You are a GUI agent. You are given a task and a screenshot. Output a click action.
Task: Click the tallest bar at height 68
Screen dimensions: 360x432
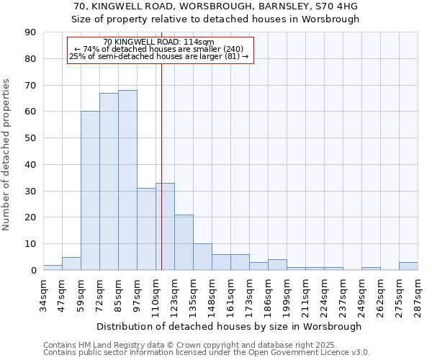tap(127, 180)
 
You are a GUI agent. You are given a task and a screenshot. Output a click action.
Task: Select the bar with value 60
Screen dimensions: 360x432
tap(90, 191)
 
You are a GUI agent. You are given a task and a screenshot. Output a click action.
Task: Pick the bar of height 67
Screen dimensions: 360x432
tap(109, 181)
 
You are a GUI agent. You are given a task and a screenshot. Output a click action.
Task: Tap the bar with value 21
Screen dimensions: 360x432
tap(184, 242)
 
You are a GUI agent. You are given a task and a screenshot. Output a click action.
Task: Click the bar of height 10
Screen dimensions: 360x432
tap(202, 257)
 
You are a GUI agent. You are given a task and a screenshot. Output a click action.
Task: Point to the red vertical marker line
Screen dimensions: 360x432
tap(161, 166)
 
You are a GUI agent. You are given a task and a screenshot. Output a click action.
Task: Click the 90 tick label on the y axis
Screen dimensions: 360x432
tap(30, 32)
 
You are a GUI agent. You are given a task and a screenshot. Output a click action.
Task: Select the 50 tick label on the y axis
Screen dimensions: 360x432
tap(30, 138)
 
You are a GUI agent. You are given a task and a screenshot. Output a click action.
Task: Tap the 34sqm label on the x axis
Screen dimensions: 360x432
tap(44, 295)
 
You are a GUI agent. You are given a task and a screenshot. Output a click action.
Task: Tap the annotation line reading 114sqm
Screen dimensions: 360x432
tap(159, 42)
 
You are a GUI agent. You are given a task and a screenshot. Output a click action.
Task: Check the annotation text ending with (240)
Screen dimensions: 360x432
tap(159, 49)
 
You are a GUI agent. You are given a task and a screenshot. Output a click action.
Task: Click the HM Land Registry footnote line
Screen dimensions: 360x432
tap(206, 346)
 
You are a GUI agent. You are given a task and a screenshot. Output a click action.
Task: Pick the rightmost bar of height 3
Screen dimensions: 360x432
tap(408, 266)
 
